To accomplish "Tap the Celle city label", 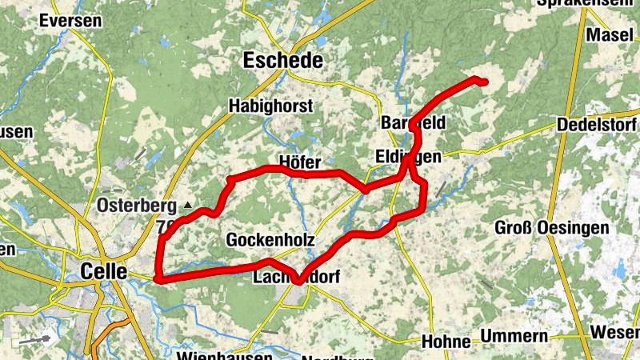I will (x=104, y=271).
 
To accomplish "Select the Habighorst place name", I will (x=270, y=106).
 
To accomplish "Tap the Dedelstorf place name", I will (x=596, y=126).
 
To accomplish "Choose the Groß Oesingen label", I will (x=551, y=227).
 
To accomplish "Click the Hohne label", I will (x=445, y=342).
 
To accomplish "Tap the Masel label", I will (x=610, y=34).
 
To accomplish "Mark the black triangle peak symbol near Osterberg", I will (x=188, y=206).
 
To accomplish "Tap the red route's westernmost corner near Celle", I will (x=158, y=279).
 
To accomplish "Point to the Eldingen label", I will (x=407, y=157).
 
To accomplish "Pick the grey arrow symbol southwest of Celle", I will (x=34, y=339).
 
